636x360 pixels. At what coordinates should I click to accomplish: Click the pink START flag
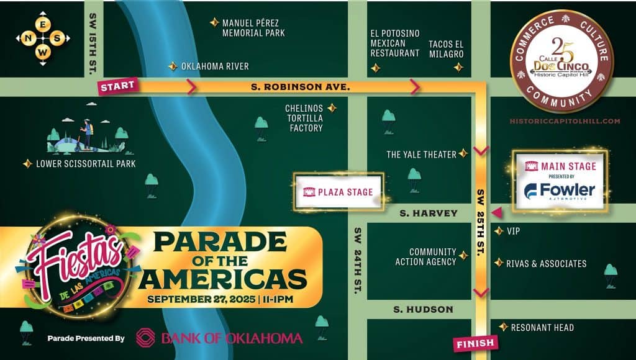point(117,86)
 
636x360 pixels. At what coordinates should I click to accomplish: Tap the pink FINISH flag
point(475,343)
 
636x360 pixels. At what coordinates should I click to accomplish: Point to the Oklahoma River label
point(214,66)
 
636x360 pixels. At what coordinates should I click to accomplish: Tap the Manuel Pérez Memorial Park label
point(253,27)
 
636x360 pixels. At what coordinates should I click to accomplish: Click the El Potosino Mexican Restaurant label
point(395,43)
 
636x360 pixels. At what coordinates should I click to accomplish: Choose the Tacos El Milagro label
point(446,49)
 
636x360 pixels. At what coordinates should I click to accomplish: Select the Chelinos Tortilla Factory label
point(304,118)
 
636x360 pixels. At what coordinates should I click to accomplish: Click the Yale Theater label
point(421,154)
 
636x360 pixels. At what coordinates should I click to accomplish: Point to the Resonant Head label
point(542,327)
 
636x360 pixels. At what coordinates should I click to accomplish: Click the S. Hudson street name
point(423,309)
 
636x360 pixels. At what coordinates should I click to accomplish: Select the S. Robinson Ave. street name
point(300,87)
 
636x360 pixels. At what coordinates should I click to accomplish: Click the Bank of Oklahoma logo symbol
point(145,338)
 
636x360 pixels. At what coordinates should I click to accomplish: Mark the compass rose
point(42,38)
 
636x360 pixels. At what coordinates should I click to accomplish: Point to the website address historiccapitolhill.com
point(564,121)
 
